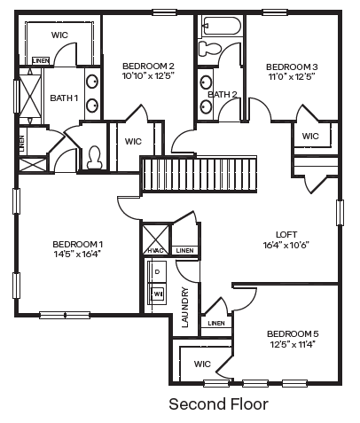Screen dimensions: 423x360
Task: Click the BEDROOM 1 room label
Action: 77,244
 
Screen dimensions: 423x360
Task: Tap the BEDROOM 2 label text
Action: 147,66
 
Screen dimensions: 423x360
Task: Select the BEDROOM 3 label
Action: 291,67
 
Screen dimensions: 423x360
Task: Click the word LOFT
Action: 286,234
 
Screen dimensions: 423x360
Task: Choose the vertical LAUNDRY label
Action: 185,308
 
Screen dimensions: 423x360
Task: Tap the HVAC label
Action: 155,251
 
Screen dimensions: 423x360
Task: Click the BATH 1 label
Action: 64,98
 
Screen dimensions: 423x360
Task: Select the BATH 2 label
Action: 222,94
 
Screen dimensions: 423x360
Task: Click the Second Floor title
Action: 218,404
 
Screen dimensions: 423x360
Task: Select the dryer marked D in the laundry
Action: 159,270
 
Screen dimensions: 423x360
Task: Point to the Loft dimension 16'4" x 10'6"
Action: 286,245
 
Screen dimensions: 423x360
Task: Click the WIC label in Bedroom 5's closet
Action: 201,364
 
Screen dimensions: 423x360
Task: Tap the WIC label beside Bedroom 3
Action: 310,136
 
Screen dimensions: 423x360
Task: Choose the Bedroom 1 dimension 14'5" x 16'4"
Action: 77,254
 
